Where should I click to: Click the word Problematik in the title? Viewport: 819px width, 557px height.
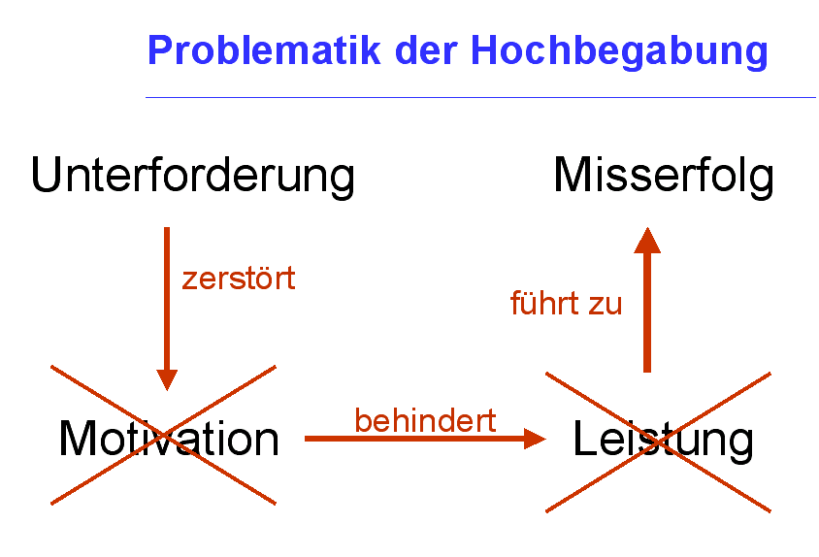[264, 49]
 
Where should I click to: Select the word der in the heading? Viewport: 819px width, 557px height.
[426, 49]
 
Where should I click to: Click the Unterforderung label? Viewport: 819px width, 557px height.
[193, 176]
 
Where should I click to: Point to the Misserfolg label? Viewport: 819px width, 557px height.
[664, 176]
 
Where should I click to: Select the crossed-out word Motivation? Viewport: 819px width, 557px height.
[169, 439]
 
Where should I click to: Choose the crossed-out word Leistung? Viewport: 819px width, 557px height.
[664, 441]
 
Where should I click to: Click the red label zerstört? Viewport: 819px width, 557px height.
[239, 278]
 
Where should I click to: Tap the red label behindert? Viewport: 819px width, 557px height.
[425, 420]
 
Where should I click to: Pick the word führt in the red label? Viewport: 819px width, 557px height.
[545, 302]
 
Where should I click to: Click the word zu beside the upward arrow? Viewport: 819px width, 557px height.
[606, 305]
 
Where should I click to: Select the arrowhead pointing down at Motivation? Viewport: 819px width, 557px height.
[167, 379]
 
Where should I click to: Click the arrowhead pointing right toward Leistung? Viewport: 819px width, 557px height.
[535, 439]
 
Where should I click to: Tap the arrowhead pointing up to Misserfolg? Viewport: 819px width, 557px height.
[647, 241]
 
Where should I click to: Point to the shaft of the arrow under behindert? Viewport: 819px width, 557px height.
[414, 439]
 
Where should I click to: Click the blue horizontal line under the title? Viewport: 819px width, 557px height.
[480, 97]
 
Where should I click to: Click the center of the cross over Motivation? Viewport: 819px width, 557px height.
[163, 435]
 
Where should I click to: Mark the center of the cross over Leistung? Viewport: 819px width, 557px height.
[658, 442]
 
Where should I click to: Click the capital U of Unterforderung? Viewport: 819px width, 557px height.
[47, 175]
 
